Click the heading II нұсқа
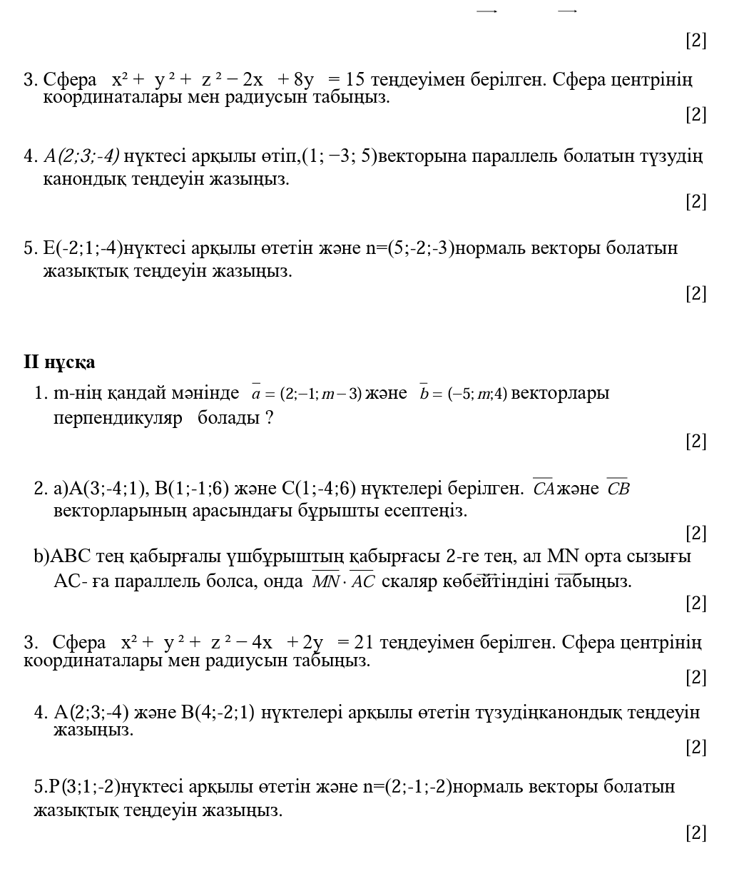click(59, 362)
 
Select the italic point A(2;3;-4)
click(81, 155)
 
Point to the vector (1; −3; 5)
click(340, 155)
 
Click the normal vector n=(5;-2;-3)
click(409, 248)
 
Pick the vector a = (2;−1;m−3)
click(307, 394)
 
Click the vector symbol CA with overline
click(543, 489)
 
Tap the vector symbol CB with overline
click(618, 489)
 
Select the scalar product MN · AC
click(343, 581)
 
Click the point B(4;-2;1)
click(218, 712)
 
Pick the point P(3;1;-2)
click(76, 787)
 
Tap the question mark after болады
click(269, 417)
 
